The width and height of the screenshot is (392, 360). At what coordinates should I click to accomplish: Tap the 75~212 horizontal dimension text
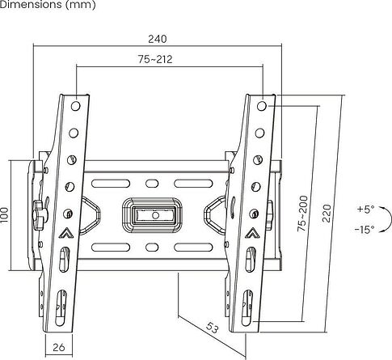154,59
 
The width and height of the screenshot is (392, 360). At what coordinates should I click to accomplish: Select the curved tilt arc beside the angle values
355,219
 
